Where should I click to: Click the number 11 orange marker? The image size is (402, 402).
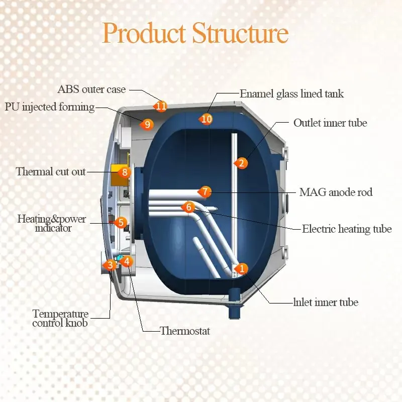pos(161,106)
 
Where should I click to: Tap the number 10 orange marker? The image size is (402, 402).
pos(206,119)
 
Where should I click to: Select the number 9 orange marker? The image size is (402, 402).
pos(147,124)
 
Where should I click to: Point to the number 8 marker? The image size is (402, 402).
pos(125,172)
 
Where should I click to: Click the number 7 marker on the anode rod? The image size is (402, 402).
pos(204,191)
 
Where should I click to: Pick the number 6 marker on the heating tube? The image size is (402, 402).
pos(188,207)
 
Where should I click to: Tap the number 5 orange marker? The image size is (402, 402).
pos(120,222)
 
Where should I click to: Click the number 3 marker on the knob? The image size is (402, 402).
pos(109,264)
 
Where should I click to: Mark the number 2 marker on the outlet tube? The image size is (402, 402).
pos(241,163)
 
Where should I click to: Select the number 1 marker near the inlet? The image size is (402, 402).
pos(242,269)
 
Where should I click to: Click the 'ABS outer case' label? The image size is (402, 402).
pos(91,89)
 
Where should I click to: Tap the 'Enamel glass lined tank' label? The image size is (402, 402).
pos(291,93)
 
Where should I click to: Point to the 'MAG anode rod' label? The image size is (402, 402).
pos(336,192)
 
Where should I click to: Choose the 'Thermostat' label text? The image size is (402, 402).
pos(184,331)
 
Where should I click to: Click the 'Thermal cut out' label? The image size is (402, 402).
pos(51,171)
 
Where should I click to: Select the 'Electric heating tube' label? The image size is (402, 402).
pos(346,229)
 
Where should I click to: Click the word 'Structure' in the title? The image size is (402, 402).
pos(240,34)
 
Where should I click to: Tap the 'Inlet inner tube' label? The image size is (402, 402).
pos(326,302)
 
